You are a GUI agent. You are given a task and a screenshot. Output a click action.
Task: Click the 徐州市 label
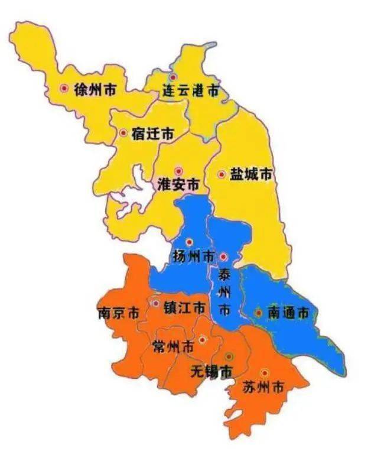click(95, 89)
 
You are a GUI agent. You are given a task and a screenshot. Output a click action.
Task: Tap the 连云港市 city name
click(191, 91)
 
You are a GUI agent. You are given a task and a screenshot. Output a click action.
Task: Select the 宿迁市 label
click(152, 134)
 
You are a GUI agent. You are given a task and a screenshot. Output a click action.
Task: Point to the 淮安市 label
click(178, 184)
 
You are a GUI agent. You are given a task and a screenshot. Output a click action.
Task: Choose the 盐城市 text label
click(251, 174)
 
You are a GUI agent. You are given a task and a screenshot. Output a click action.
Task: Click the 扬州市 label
click(194, 257)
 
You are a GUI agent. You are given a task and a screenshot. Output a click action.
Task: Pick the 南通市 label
click(288, 313)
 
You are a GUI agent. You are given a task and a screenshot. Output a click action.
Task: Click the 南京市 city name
click(118, 313)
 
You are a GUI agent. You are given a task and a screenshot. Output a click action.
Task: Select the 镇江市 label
click(184, 308)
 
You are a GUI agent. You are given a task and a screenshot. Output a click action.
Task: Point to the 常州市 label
click(173, 346)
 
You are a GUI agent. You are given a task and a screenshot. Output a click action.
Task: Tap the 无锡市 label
click(211, 371)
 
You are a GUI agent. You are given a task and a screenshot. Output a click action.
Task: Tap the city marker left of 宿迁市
click(123, 133)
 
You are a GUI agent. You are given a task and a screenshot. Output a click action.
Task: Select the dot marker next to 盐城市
click(222, 174)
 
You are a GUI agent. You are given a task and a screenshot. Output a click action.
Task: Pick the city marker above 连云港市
click(173, 77)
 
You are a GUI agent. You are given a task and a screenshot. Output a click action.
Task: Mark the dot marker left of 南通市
click(258, 312)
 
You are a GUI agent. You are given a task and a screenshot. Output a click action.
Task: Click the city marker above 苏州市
click(264, 372)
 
